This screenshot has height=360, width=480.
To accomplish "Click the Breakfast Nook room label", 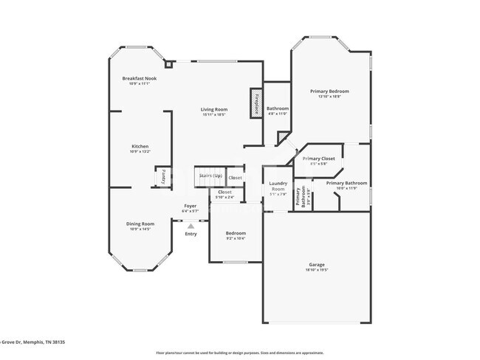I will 140,78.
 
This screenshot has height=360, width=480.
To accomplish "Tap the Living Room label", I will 214,109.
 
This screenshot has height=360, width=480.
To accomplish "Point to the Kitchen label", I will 140,146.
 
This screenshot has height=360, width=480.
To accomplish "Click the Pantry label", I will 162,178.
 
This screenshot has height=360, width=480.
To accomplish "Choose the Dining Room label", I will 140,224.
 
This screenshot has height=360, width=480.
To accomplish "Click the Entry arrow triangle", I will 191,226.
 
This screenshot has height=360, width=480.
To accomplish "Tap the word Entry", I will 191,234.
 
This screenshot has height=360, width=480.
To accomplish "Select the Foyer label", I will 191,206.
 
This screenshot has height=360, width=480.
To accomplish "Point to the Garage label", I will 316,264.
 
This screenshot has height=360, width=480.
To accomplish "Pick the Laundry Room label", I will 278,185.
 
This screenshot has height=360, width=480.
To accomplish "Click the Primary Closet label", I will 318,159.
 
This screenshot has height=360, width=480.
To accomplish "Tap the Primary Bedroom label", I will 329,91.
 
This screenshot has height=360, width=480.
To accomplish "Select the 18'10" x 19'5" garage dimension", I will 316,270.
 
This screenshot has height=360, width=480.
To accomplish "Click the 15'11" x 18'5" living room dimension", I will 213,114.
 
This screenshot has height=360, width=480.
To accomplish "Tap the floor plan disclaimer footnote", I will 239,353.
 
